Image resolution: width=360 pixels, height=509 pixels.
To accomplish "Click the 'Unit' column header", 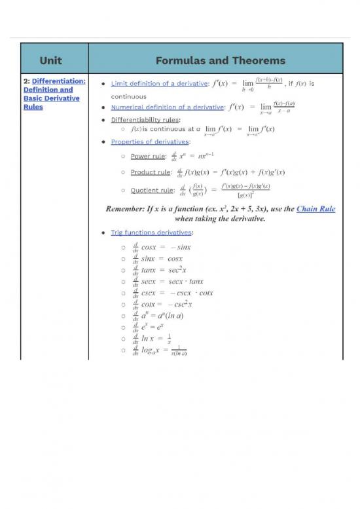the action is pos(50,60).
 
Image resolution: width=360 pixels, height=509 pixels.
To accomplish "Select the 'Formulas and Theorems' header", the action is pos(220,60).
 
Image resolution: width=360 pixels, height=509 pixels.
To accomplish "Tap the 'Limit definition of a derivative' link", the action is pos(150,84).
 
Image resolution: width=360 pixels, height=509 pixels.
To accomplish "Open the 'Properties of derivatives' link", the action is pos(150,141).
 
